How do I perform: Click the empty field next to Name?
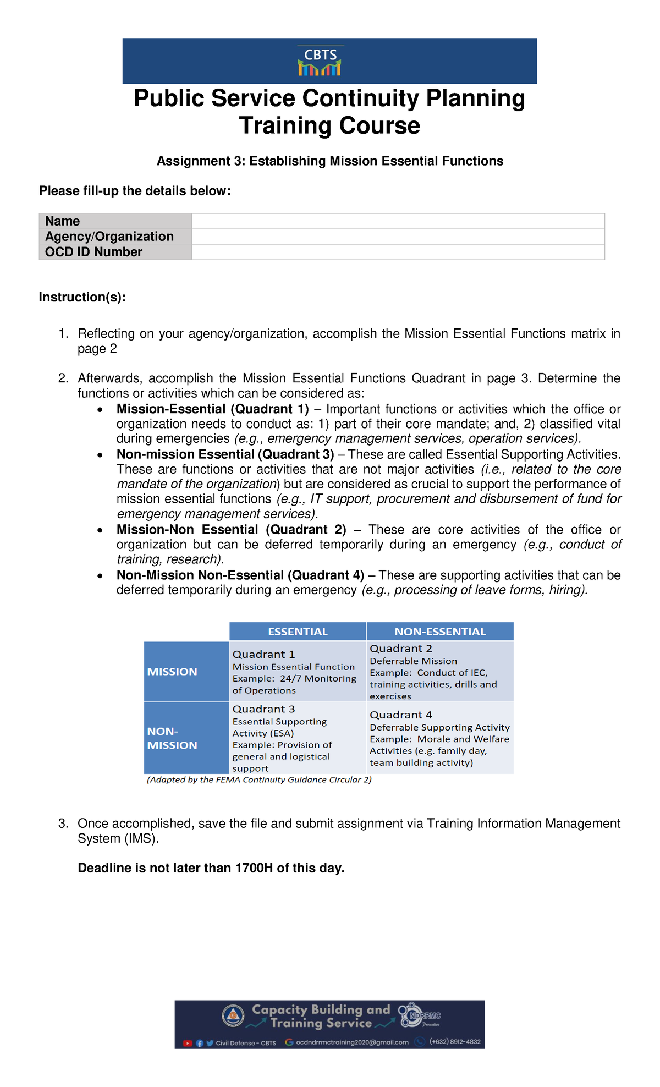coord(398,221)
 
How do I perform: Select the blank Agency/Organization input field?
coord(398,237)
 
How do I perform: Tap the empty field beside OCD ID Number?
coord(398,252)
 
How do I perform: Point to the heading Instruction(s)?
coord(82,297)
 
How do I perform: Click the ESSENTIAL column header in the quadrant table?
coord(298,632)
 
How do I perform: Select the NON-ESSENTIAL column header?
coord(440,632)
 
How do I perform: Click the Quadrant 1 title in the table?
coord(263,654)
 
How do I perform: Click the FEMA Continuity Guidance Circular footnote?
coord(259,779)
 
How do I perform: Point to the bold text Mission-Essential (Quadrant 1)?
coord(213,409)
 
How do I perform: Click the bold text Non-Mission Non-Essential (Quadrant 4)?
coord(240,575)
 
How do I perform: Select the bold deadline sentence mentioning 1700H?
coord(211,868)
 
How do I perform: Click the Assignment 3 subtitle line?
coord(330,161)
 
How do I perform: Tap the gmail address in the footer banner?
coord(352,1042)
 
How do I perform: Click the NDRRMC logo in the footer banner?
coord(421,1015)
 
